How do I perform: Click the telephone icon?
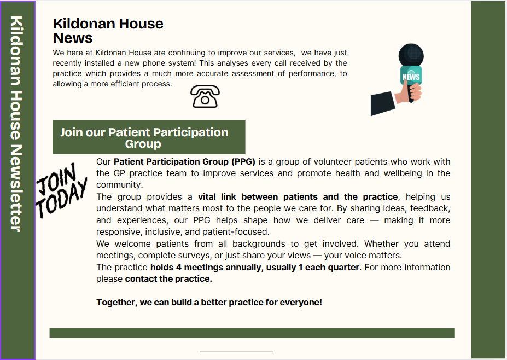[205, 96]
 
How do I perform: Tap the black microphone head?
[411, 56]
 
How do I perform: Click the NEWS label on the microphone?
[411, 77]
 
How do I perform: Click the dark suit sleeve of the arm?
[383, 103]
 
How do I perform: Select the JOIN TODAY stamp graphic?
[61, 190]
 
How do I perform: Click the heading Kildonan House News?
[108, 31]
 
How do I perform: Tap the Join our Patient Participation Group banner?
[149, 137]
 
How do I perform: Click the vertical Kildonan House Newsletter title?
[16, 124]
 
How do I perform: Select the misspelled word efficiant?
[141, 84]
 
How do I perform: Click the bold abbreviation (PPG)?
[243, 162]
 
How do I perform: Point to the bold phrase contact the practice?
[168, 279]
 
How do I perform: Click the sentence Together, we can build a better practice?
[209, 302]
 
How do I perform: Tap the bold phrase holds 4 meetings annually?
[206, 267]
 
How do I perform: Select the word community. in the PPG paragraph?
[120, 185]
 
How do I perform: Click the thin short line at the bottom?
[236, 351]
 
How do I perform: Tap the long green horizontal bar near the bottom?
[252, 333]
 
